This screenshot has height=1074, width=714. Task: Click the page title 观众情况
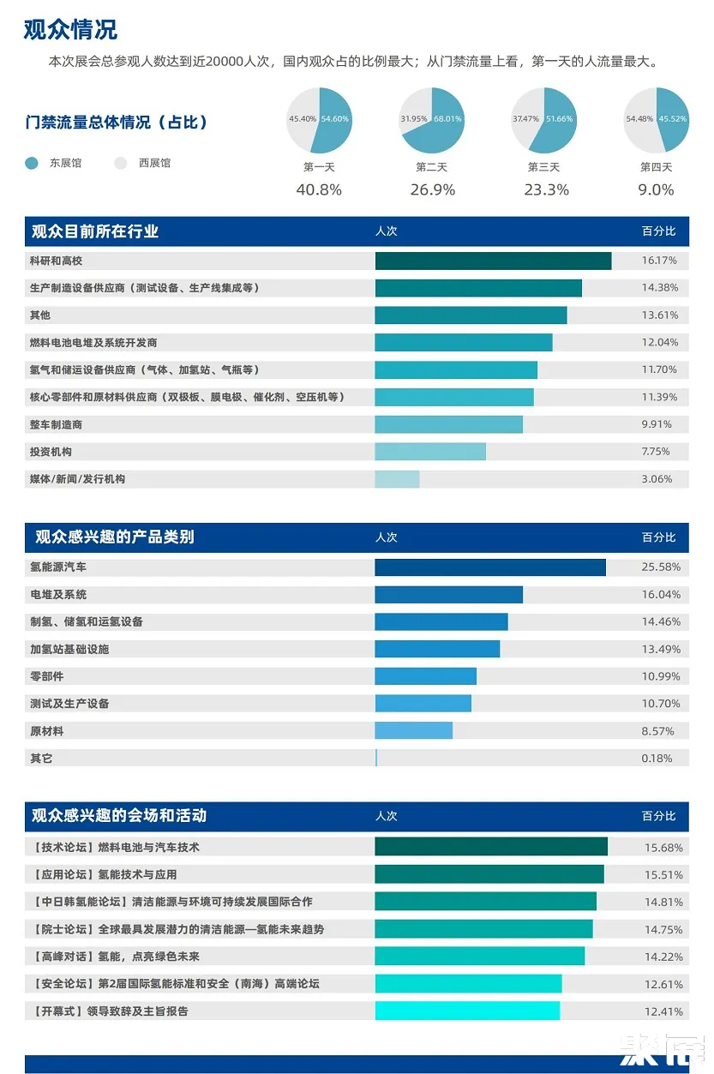[x=70, y=30]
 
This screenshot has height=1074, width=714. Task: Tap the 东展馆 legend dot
[x=32, y=163]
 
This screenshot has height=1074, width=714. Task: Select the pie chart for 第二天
[x=431, y=120]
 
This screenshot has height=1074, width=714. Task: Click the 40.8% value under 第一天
[x=319, y=190]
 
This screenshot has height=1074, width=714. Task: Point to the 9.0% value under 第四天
[x=657, y=190]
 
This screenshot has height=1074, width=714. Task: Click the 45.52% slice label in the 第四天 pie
[x=672, y=119]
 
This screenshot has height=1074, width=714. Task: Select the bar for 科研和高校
[x=493, y=261]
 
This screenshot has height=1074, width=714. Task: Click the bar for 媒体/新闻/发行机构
[x=397, y=479]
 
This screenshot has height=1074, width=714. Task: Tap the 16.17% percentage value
[x=659, y=261]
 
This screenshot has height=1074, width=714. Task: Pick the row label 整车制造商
[x=56, y=424]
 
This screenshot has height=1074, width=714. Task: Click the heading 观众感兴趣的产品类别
[x=114, y=537]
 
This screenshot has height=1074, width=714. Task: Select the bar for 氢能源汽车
[x=489, y=567]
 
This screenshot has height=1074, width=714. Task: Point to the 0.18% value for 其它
[x=657, y=759]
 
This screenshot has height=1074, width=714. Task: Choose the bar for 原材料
[x=413, y=731]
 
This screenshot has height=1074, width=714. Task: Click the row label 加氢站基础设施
[x=69, y=649]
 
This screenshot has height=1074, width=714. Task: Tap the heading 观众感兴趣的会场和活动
[x=119, y=816]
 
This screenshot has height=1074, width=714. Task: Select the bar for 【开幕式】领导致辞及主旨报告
[x=467, y=1011]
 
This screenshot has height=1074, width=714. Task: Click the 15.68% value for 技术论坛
[x=663, y=848]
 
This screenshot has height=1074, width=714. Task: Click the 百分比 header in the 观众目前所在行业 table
[x=658, y=231]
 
